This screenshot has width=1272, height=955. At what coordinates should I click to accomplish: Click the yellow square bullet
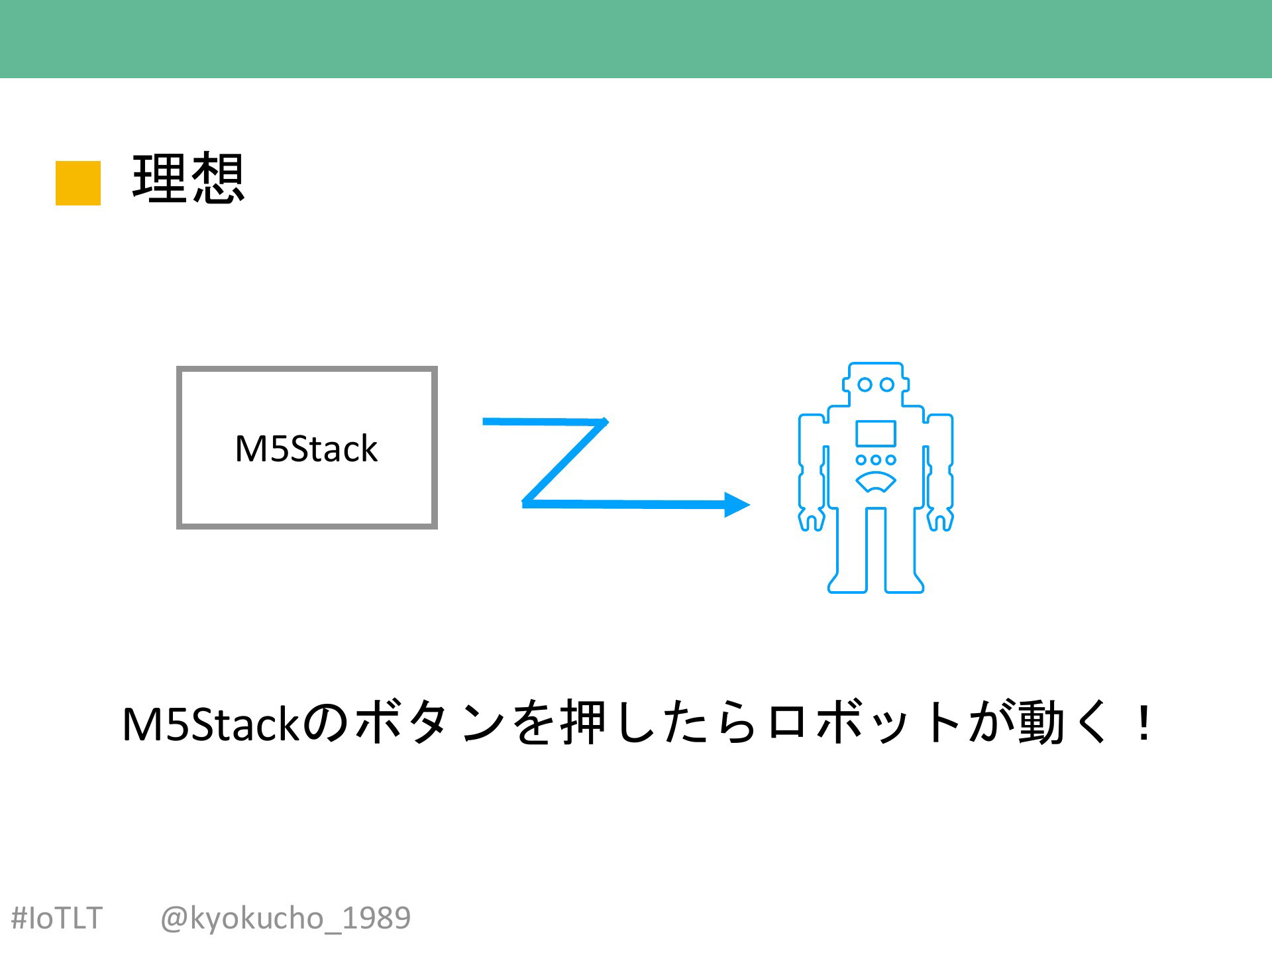pos(78,183)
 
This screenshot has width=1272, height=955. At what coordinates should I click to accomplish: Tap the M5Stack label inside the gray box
pos(306,449)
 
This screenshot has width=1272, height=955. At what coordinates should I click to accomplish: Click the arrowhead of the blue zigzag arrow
pos(737,504)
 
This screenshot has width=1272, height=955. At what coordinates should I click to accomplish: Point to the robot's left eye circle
pos(865,384)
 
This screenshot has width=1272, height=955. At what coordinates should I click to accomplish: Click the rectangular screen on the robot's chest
pos(876,433)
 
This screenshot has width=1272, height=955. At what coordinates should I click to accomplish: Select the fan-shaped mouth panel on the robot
pos(876,482)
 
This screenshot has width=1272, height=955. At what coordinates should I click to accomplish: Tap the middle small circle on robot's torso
pos(876,459)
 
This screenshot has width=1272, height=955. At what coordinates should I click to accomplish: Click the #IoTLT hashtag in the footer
pos(57,919)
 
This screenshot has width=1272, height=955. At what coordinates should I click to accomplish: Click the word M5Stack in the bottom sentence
pos(212,724)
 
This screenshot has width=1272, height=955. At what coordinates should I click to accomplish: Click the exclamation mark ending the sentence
pos(1143,724)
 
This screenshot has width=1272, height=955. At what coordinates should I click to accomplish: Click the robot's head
pos(876,384)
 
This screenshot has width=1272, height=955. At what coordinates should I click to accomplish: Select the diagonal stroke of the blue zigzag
pos(564,461)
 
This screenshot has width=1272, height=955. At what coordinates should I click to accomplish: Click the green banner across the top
pos(636,39)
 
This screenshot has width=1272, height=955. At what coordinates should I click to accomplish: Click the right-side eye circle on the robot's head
pos(887,384)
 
